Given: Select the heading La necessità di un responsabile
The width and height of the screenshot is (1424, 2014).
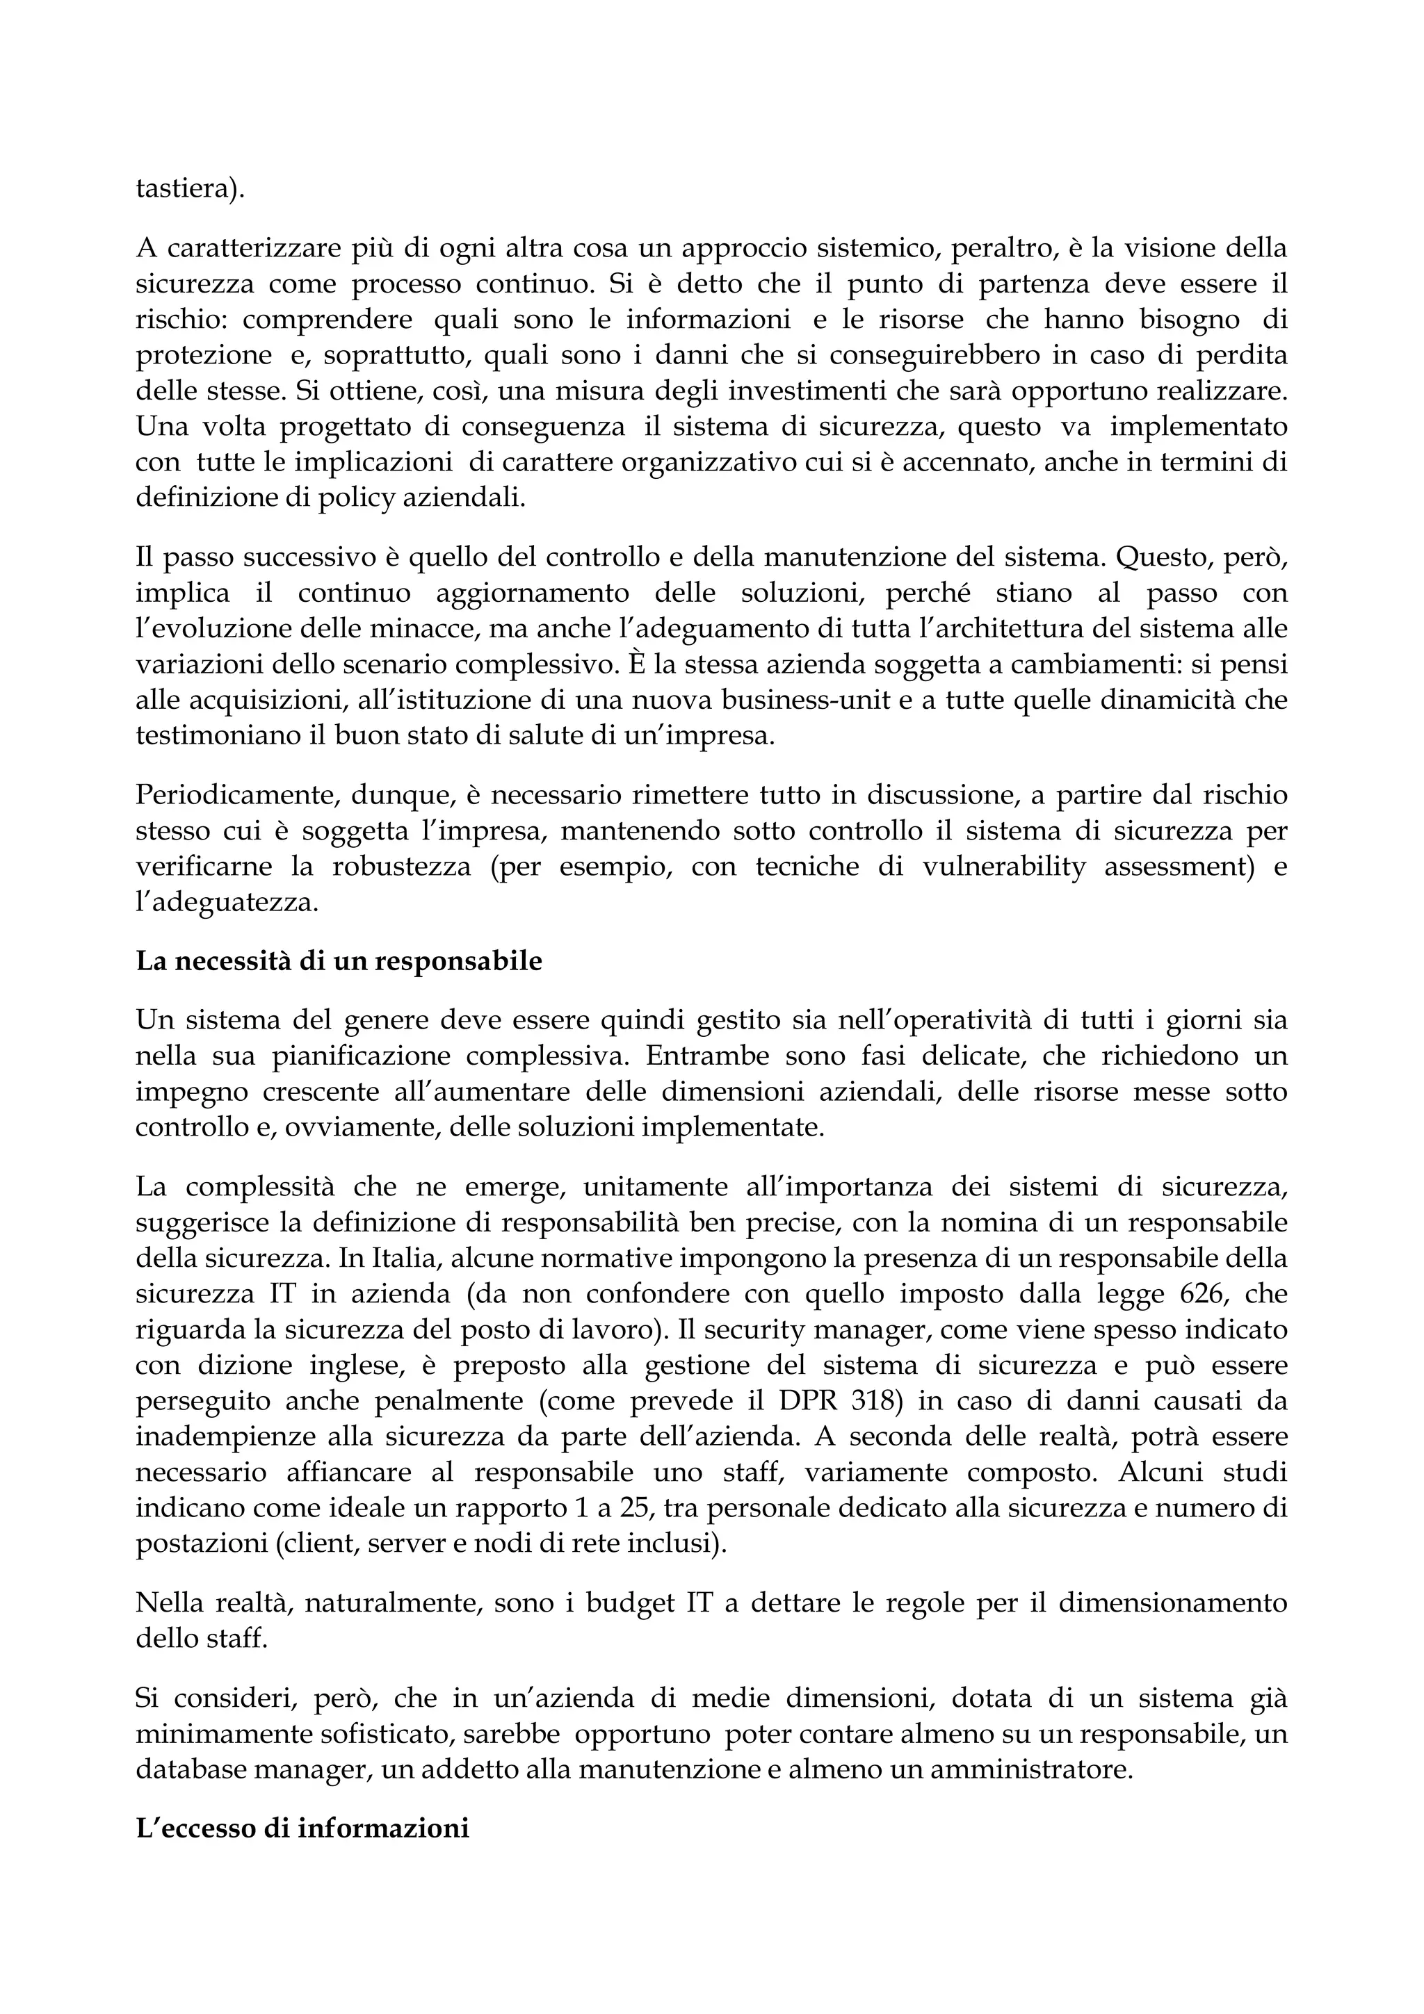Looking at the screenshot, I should click(x=339, y=960).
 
